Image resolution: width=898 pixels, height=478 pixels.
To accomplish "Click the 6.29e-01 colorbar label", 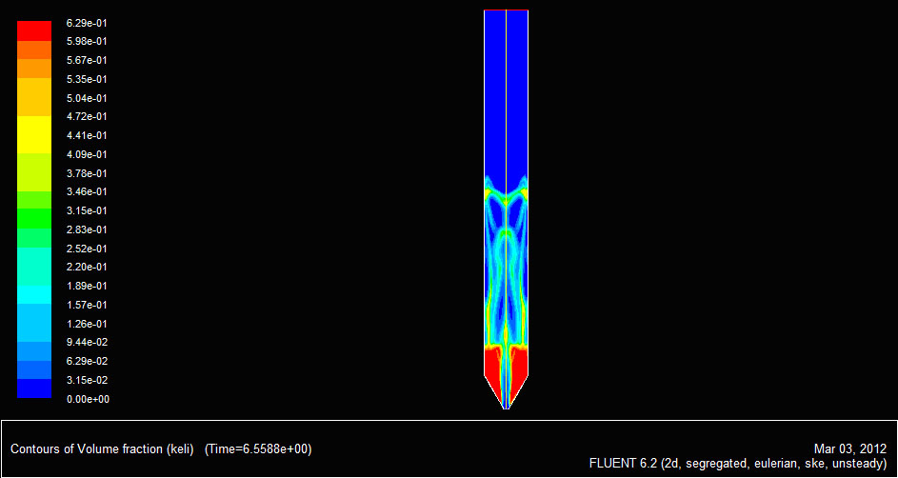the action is point(87,23).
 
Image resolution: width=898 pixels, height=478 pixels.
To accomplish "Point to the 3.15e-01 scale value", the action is point(87,210).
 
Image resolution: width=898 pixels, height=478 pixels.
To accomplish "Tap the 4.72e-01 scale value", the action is point(87,117).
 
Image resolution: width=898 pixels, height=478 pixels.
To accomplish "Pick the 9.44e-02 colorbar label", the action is point(87,343).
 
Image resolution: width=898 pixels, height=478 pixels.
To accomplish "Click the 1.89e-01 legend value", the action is point(87,286).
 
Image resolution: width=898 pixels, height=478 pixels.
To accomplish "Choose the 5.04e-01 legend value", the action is point(87,98).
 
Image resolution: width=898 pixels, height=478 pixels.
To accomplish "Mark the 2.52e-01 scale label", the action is point(87,249).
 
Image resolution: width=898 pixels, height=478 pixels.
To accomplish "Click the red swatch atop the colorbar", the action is point(34,30).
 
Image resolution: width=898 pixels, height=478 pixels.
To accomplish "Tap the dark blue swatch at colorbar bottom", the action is point(34,388).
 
